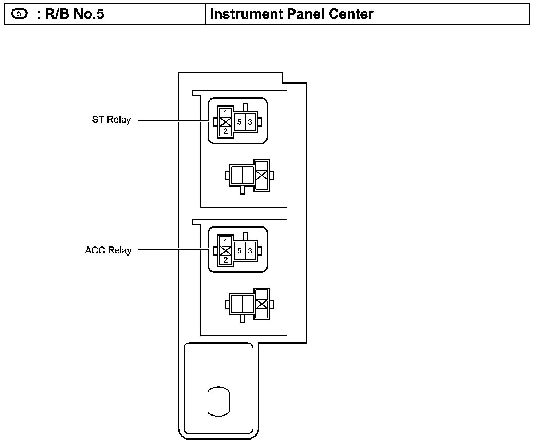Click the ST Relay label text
coord(111,120)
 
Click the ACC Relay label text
coord(108,250)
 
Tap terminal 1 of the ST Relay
coord(226,112)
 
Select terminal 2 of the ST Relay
coord(226,132)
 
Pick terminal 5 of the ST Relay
coord(239,122)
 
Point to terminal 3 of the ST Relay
coord(250,122)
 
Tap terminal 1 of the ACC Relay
coord(226,241)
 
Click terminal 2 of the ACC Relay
coord(226,260)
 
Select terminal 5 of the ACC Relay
coord(239,251)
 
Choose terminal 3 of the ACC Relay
coord(250,251)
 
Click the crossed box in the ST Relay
coord(226,122)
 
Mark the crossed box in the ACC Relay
coord(226,251)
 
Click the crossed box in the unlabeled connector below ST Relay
coord(262,175)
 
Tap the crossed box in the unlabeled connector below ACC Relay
coord(262,304)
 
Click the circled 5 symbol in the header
coord(19,14)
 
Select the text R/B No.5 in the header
coord(75,14)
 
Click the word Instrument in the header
coord(247,14)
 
